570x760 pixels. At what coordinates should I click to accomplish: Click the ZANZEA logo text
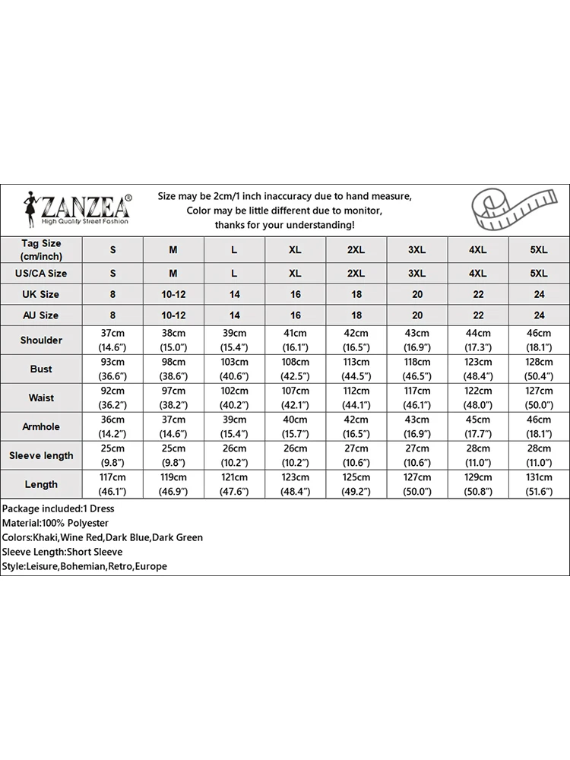pos(85,206)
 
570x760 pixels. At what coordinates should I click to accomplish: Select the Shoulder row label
pos(41,340)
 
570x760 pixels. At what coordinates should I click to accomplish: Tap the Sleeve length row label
pos(41,455)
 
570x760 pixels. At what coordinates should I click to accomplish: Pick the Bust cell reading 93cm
pos(112,362)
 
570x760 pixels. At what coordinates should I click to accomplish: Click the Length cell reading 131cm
pos(538,477)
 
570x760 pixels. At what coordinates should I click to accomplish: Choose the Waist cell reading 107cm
pos(295,391)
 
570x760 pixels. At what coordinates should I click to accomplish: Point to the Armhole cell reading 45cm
pos(477,420)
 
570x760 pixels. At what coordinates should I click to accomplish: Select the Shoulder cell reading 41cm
pos(295,333)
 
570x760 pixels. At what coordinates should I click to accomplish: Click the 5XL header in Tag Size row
pos(538,249)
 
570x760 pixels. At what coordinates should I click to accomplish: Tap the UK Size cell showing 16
pos(295,294)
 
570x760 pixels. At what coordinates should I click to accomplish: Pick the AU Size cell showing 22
pos(477,315)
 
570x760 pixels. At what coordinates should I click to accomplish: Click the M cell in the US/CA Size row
pos(173,273)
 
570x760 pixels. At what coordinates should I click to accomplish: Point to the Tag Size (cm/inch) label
pos(41,249)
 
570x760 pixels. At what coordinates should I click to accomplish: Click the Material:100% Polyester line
pos(55,523)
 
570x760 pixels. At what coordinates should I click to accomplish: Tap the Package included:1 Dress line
pos(58,508)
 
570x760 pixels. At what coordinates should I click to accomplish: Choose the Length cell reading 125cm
pos(356,477)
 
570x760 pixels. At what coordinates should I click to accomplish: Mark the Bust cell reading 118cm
pos(416,362)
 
